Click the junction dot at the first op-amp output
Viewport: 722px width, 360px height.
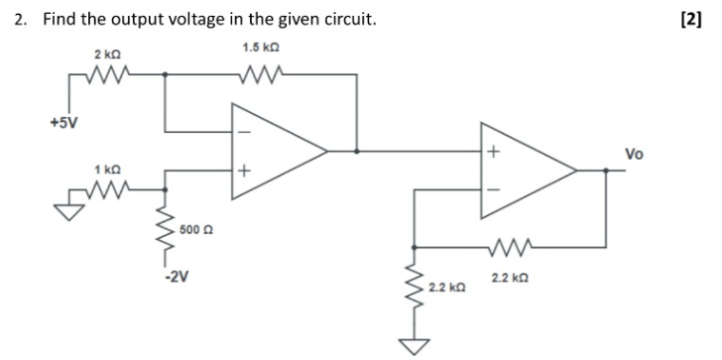point(356,151)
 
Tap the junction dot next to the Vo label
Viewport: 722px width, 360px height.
point(607,172)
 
